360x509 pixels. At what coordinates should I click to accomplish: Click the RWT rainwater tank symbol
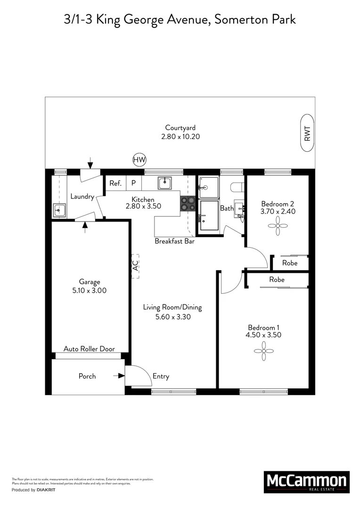click(x=307, y=133)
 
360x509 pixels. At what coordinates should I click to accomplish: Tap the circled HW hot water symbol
click(x=139, y=160)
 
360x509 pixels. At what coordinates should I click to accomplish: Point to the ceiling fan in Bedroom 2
click(x=278, y=226)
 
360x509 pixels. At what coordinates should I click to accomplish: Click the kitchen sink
click(x=165, y=183)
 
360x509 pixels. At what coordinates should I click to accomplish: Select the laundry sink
click(x=59, y=210)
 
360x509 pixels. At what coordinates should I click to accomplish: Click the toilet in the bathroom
click(x=237, y=187)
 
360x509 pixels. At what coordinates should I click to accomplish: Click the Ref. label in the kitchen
click(x=115, y=183)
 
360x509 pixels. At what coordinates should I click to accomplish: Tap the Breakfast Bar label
click(x=174, y=241)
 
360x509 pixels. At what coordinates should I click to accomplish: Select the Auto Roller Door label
click(x=89, y=349)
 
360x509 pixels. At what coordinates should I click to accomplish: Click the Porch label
click(x=87, y=376)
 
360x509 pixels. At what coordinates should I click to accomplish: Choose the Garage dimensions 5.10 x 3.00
click(x=89, y=290)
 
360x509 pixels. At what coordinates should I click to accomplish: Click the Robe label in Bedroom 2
click(x=290, y=263)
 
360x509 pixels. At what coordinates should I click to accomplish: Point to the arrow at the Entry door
click(x=119, y=376)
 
